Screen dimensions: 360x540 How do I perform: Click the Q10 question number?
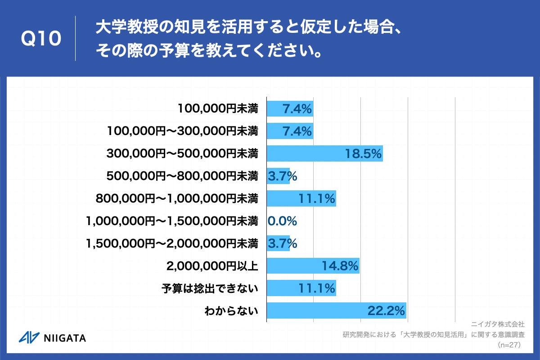point(41,39)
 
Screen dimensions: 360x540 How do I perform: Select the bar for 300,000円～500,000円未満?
point(324,153)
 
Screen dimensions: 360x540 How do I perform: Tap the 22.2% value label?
point(386,310)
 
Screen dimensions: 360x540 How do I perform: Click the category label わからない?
point(231,310)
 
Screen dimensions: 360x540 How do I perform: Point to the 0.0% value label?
point(282,221)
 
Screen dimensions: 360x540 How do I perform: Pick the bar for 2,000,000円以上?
point(313,266)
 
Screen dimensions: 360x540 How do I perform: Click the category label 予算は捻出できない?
point(210,288)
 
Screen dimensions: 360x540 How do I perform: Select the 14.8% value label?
point(340,266)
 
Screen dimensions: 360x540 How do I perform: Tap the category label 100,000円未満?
point(218,108)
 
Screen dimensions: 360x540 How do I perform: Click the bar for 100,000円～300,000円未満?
point(290,131)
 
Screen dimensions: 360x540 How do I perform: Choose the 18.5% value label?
point(364,153)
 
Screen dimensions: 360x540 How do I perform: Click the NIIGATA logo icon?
point(28,337)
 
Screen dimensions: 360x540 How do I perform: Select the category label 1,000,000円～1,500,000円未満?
point(171,221)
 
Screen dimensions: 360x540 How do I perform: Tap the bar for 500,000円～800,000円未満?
point(278,176)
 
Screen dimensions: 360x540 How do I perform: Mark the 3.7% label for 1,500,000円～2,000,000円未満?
point(282,243)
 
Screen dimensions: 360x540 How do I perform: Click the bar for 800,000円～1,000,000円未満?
point(301,198)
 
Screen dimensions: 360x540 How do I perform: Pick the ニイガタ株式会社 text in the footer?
point(498,324)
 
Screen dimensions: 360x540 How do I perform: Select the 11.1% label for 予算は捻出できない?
point(317,288)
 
